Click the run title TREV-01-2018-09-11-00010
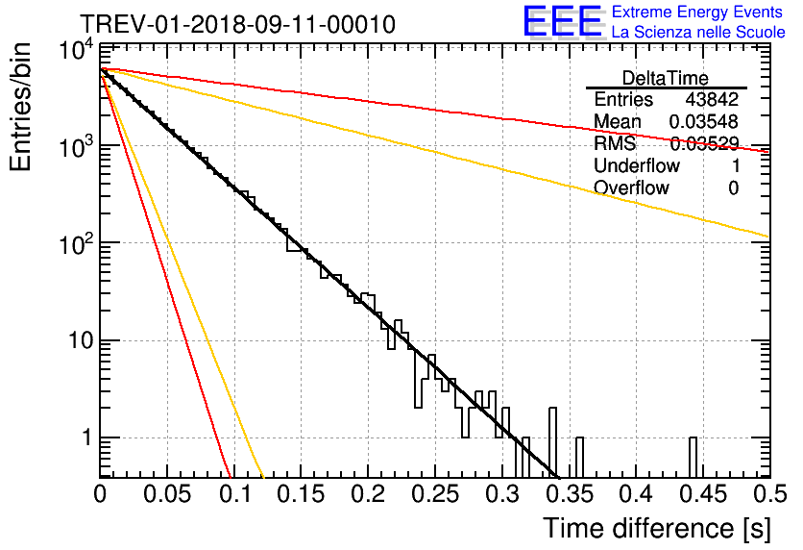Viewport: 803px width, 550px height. [237, 24]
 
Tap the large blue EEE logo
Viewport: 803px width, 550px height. [563, 21]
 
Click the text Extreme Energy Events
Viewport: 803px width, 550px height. [697, 12]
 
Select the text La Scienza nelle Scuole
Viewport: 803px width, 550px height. [698, 32]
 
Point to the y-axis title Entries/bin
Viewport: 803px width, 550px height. [20, 107]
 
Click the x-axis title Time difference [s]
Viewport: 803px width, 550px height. [657, 528]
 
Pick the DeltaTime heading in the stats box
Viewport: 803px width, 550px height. [666, 78]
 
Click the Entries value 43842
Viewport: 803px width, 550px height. [712, 99]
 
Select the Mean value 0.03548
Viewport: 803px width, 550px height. [704, 121]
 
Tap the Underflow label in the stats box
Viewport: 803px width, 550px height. [637, 165]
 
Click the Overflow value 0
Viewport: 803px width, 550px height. [733, 188]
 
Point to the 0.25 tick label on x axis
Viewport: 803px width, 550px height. [435, 494]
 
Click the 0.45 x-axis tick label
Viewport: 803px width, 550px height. [704, 494]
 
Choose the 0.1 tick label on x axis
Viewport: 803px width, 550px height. [235, 494]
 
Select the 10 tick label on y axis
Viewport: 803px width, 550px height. [82, 340]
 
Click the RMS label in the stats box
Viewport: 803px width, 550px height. [615, 143]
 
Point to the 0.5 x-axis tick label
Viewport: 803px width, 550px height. [770, 494]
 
